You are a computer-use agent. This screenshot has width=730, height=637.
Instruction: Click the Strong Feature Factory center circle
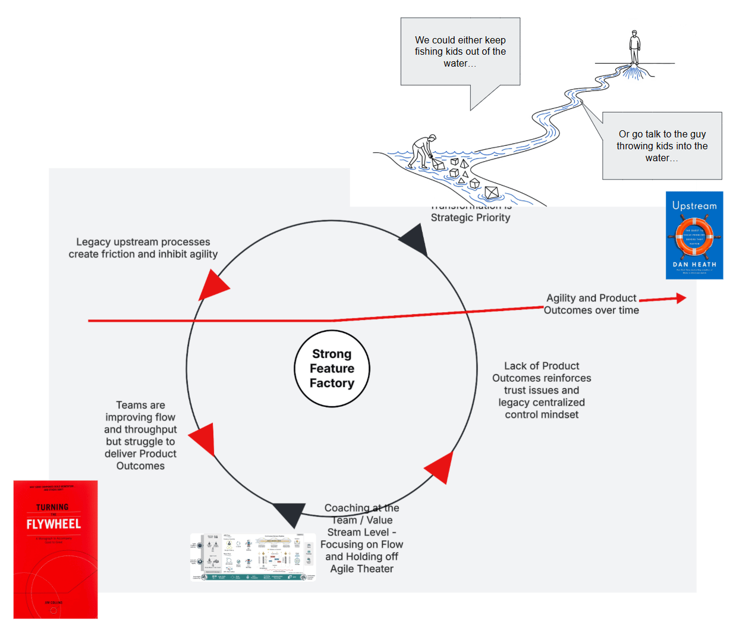coord(332,369)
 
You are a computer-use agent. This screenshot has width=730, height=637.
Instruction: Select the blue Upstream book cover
coord(694,235)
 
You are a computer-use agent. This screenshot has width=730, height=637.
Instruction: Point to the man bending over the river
coord(424,149)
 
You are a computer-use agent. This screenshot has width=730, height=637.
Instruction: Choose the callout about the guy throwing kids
coord(661,146)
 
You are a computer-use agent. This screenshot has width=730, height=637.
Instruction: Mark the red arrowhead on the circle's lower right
coord(440,467)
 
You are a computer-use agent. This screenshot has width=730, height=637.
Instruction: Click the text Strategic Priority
coord(470,218)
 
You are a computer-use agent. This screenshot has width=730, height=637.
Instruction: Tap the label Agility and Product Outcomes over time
coord(591,304)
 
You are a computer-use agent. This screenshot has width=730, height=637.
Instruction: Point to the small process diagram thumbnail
coord(253,557)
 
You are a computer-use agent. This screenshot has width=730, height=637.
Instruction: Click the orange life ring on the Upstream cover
coord(694,236)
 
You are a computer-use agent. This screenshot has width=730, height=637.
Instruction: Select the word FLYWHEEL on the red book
coord(54,524)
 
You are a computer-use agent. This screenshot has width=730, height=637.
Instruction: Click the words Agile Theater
coord(361,569)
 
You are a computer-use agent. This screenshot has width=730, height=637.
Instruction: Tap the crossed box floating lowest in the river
coord(492,192)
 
